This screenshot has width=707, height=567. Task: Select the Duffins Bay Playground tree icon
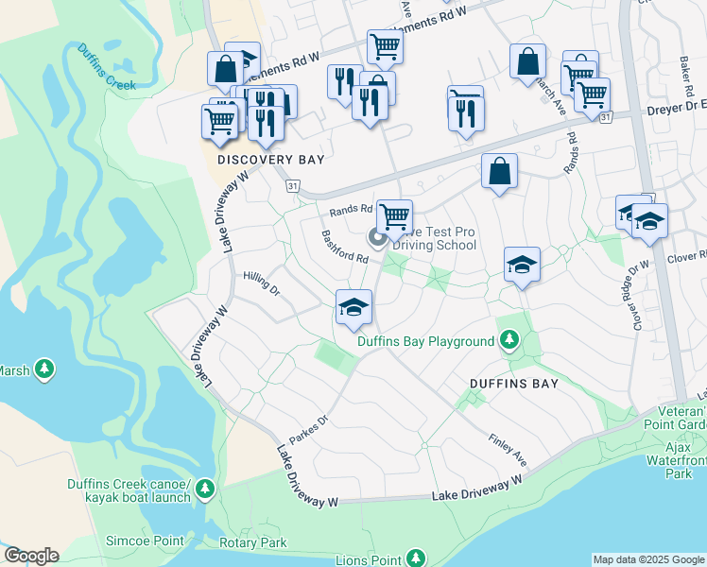(x=509, y=339)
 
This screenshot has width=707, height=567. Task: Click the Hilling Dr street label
(x=262, y=283)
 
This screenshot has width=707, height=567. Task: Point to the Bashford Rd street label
(x=344, y=247)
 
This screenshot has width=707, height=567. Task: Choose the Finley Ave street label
(x=508, y=449)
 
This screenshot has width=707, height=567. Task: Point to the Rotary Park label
(x=260, y=543)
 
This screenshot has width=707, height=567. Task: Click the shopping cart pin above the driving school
(x=394, y=215)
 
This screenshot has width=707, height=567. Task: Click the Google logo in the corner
(x=30, y=556)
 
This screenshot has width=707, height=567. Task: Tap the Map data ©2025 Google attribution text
(x=647, y=559)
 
